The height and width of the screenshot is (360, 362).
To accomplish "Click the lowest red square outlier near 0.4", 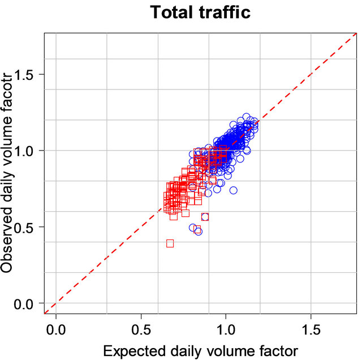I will (170, 243).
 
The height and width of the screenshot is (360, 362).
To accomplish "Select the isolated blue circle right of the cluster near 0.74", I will (234, 190).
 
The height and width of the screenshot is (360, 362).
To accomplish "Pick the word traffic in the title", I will (222, 12).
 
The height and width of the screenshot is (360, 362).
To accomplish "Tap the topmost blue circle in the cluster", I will (246, 117).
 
